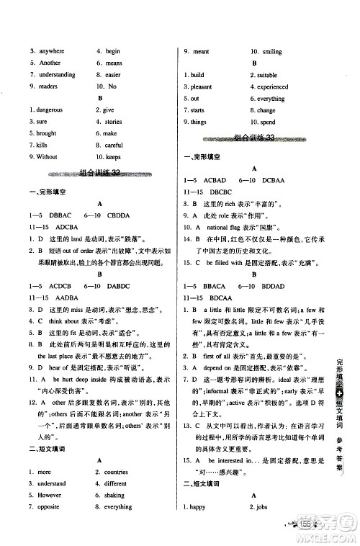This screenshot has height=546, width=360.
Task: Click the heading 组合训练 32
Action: point(99,173)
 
